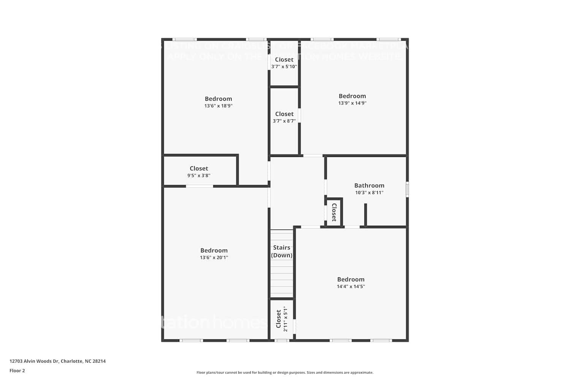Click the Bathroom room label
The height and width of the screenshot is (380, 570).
click(x=369, y=185)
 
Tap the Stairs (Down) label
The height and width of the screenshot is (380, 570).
click(x=282, y=251)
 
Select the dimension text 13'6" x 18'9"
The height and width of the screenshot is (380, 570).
click(x=218, y=106)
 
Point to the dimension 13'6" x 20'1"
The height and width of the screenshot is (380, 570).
click(x=214, y=258)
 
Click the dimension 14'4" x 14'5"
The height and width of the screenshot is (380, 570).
click(x=351, y=287)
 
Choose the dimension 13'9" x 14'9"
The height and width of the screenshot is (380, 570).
click(x=352, y=103)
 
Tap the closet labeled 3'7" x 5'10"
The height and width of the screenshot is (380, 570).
click(x=284, y=63)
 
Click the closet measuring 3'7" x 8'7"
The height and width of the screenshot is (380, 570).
click(x=284, y=117)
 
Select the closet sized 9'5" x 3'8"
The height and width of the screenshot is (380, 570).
click(x=199, y=171)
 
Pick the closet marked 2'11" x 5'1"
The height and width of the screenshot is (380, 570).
click(x=282, y=318)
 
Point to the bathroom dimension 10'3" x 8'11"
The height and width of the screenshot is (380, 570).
click(x=369, y=193)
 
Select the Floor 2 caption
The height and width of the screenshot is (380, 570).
click(x=17, y=371)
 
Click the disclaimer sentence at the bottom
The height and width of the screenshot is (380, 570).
click(x=285, y=373)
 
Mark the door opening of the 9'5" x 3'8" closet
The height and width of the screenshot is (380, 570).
click(x=199, y=186)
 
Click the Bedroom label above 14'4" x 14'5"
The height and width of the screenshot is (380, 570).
click(x=351, y=279)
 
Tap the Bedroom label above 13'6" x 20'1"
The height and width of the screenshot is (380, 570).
click(x=214, y=250)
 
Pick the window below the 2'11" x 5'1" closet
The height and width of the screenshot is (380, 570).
click(x=282, y=340)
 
